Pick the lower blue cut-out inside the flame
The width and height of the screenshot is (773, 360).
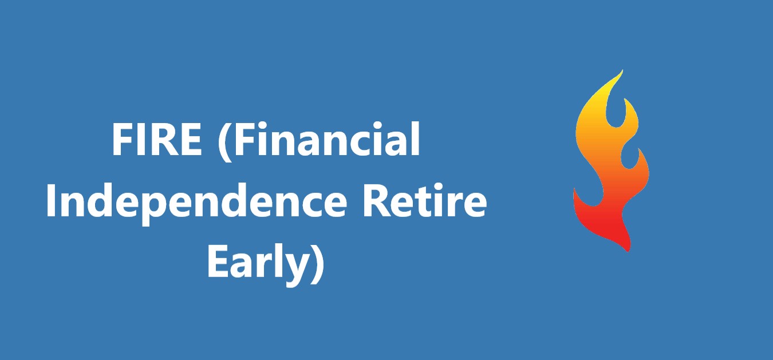click(x=633, y=157)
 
